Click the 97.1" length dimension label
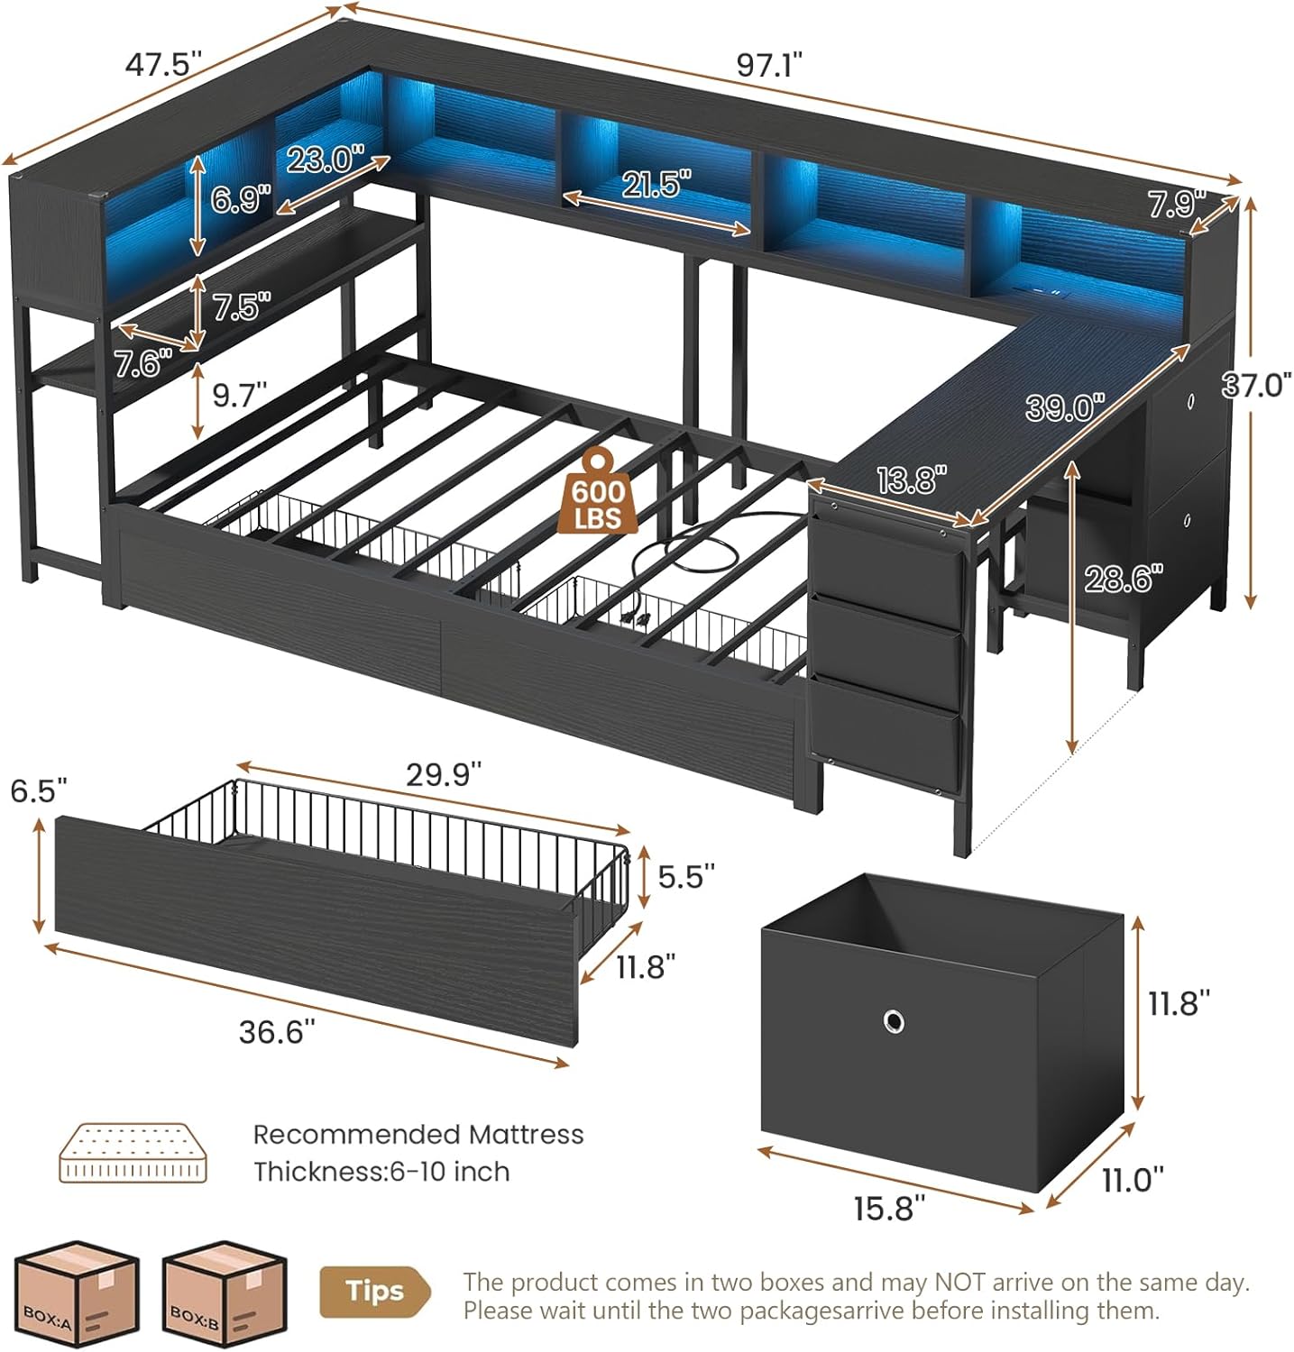[769, 66]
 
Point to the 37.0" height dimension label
[1257, 385]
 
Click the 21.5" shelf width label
[656, 185]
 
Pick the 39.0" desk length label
[1065, 407]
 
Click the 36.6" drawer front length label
[277, 1032]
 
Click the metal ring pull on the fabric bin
[894, 1022]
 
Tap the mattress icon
[133, 1152]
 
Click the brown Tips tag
[373, 1291]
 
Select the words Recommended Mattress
[418, 1134]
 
